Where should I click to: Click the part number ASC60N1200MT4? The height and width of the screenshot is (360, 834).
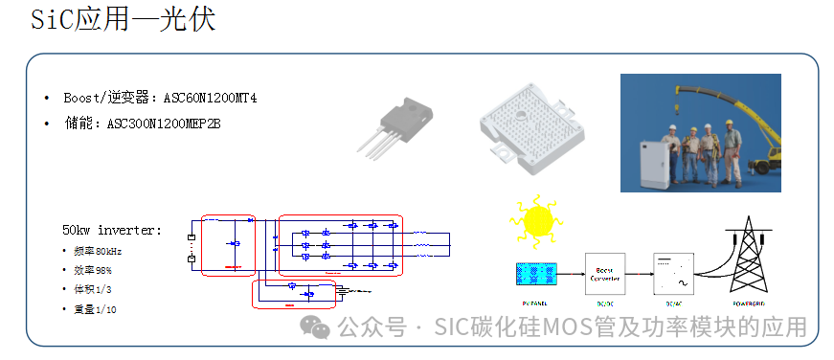pos(210,99)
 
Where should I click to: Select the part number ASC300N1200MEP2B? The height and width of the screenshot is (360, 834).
pos(164,124)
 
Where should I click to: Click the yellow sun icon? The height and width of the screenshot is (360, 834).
pos(537,220)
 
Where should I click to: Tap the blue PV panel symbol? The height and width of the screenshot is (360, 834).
pos(535,274)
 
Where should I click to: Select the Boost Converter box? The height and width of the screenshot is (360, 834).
pos(604,273)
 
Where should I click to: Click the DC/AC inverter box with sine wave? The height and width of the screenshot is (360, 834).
pos(672,273)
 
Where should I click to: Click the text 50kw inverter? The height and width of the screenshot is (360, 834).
pos(112,231)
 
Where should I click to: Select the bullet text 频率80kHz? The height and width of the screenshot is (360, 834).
pos(99,251)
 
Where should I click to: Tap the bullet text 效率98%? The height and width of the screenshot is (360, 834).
pos(93,270)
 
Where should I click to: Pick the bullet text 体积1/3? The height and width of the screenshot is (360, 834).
pos(93,289)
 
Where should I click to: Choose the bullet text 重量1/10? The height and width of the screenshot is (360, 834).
pos(95,309)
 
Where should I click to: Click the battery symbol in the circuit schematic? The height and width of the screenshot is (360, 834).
pos(192,247)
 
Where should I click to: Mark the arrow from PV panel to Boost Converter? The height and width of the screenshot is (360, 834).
pos(570,274)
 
